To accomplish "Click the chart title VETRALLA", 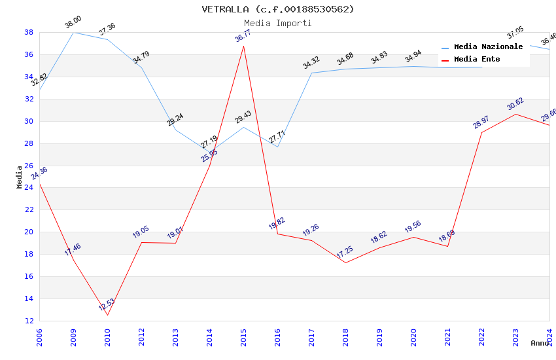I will (x=277, y=9).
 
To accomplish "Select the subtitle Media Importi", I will (x=277, y=23).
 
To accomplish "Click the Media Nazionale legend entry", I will (x=488, y=47).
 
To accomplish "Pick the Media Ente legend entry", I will (x=477, y=60).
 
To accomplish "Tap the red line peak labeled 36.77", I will (x=243, y=46).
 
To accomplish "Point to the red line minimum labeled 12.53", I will (x=107, y=315).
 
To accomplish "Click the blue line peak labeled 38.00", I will (x=73, y=32).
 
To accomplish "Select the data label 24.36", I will (x=39, y=173).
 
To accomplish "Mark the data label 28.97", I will (x=481, y=121).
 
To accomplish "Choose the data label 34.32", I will (x=311, y=63).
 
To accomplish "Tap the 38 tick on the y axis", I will (x=29, y=32).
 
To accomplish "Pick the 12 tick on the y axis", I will (x=29, y=321).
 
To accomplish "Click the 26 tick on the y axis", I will (x=29, y=166).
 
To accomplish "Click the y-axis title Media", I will (x=20, y=177).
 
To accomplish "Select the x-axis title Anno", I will (x=540, y=343).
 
